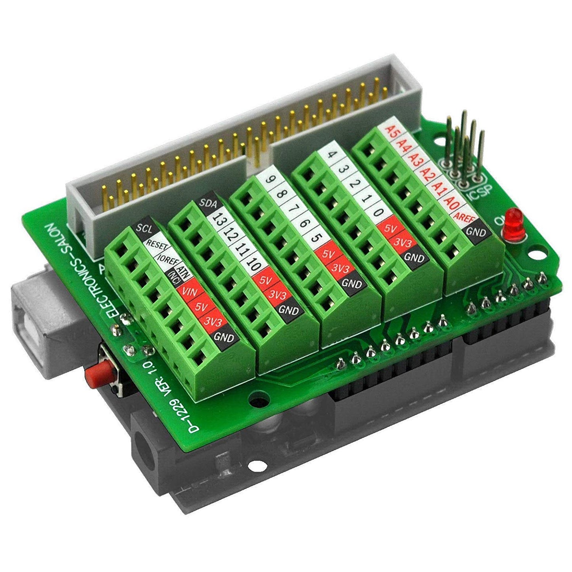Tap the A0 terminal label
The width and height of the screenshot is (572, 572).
point(451,202)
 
